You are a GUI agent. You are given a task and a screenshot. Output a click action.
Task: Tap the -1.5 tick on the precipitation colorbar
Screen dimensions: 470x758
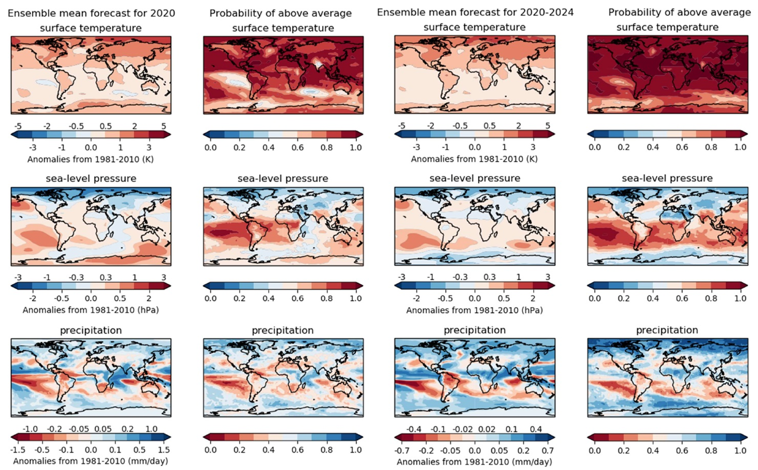pos(18,450)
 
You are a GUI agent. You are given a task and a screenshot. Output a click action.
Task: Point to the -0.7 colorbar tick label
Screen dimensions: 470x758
pos(403,450)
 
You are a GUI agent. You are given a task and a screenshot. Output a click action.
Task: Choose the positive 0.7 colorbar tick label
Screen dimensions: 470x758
pos(547,450)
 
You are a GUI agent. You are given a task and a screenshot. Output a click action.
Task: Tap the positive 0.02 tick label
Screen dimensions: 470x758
pos(487,429)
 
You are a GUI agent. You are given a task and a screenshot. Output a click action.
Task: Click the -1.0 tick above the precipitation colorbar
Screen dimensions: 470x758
pos(30,429)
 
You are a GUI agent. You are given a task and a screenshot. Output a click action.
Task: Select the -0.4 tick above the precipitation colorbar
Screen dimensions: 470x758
pos(414,429)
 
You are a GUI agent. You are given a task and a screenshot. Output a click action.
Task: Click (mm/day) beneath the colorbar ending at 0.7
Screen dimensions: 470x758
pos(532,462)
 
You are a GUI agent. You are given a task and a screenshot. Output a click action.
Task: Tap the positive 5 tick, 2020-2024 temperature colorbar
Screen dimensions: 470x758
pos(548,126)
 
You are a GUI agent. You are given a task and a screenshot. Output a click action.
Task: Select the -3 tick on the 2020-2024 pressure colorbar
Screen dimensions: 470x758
pos(402,277)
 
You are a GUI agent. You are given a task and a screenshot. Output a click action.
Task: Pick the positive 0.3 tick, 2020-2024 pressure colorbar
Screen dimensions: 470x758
pos(489,277)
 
